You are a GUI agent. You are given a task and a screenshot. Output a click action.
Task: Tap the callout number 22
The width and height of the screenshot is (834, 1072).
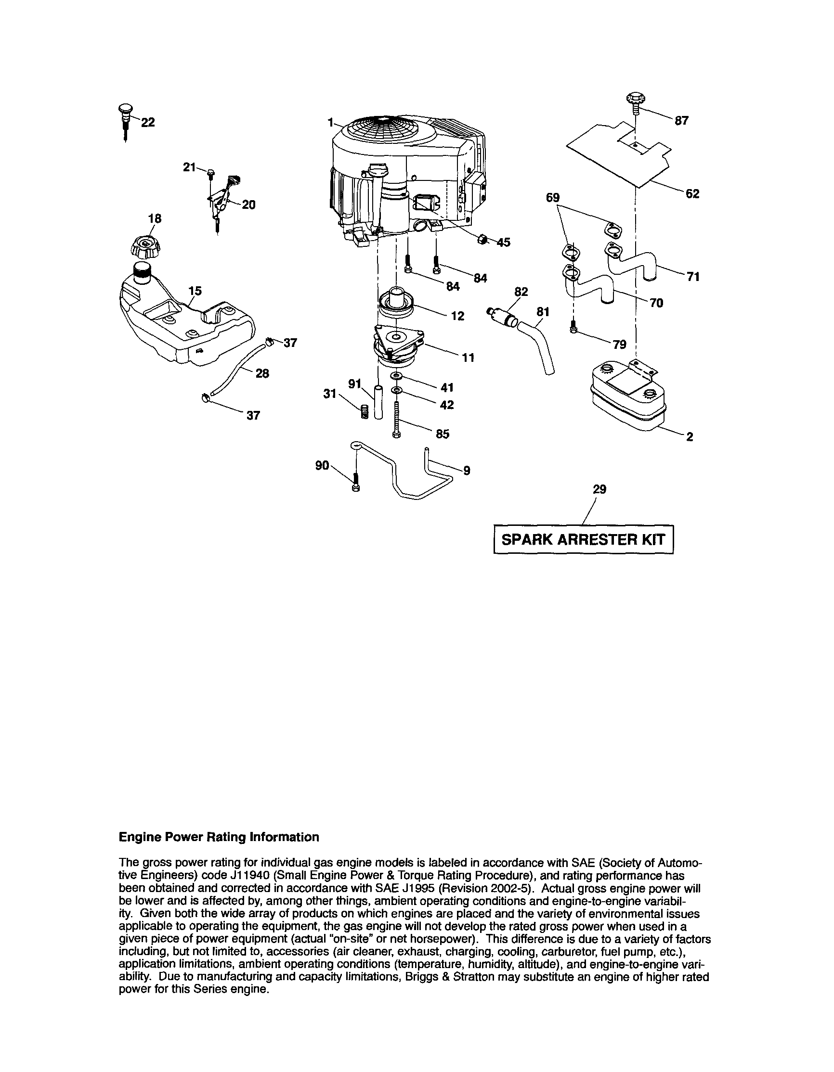[148, 122]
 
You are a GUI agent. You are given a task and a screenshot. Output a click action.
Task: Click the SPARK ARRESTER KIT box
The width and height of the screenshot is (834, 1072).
[583, 539]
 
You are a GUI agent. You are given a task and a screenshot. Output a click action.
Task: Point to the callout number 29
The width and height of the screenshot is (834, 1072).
[599, 489]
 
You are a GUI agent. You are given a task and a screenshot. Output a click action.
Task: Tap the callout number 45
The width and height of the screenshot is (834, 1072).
[504, 242]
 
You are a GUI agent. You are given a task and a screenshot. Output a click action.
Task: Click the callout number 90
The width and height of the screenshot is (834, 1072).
[322, 465]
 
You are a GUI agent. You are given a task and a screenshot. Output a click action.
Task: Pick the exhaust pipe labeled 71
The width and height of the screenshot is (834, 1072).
[634, 263]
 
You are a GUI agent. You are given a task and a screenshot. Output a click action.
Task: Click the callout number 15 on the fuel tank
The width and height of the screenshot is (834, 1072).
[195, 291]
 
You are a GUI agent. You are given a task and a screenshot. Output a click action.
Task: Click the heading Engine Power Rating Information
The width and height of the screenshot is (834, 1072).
[219, 837]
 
